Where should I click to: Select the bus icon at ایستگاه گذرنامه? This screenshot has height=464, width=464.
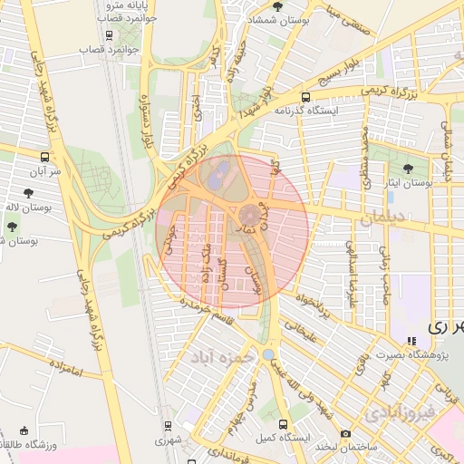click(x=304, y=96)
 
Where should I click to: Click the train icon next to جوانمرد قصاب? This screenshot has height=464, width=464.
click(x=110, y=36)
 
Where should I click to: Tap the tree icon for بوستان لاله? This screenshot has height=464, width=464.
click(x=30, y=192)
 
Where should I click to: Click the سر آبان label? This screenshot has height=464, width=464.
click(x=43, y=170)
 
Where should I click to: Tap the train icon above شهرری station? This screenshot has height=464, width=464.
click(x=167, y=425)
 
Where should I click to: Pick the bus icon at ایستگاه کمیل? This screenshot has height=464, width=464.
click(x=285, y=424)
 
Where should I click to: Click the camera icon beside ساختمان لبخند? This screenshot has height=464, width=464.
click(x=345, y=434)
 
